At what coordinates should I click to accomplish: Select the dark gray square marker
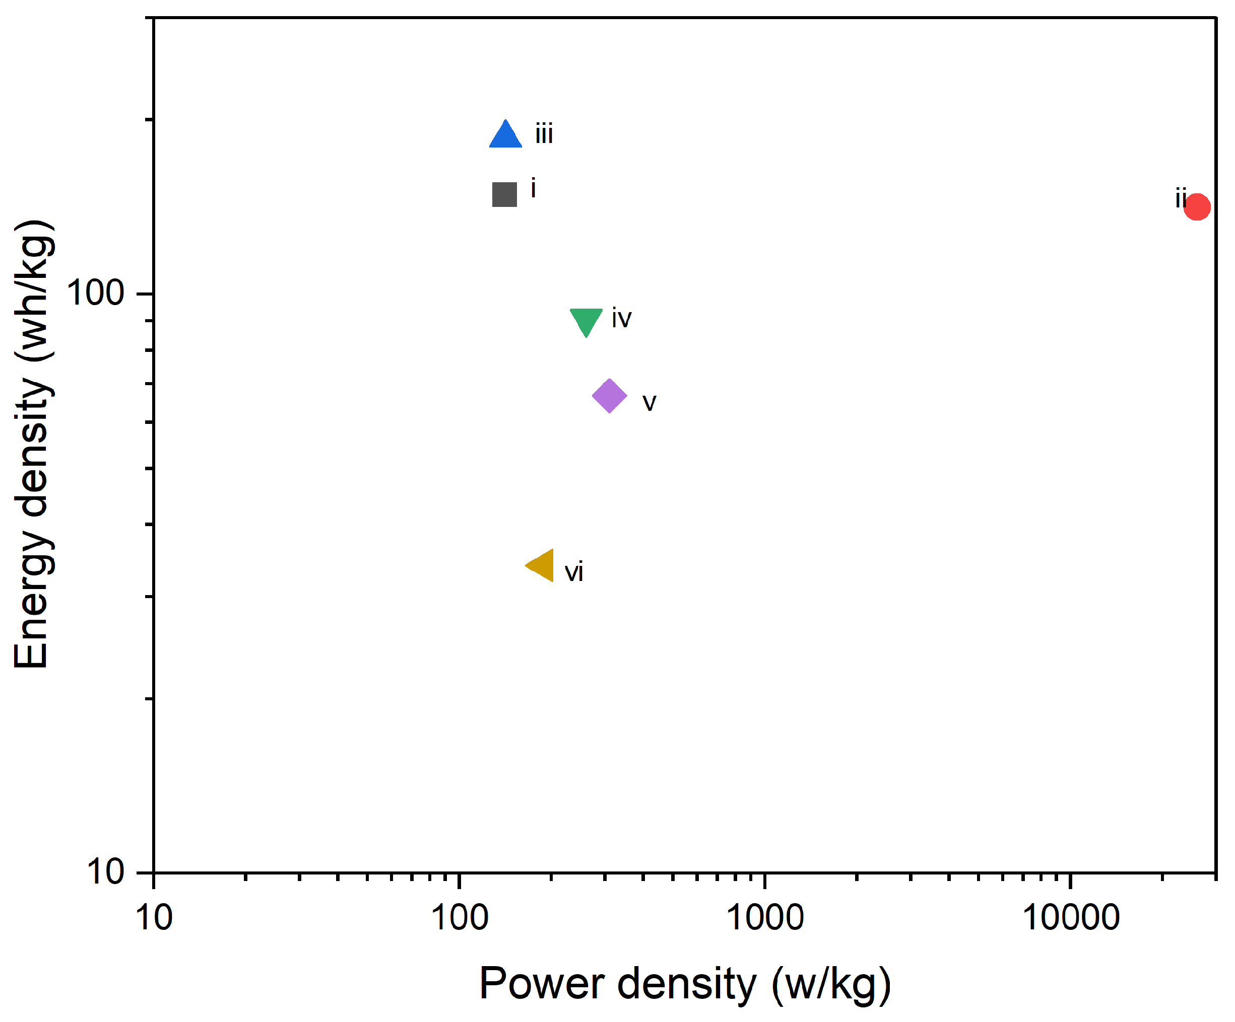tap(504, 194)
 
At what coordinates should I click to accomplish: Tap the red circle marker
tap(1197, 206)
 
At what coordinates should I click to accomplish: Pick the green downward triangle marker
tap(586, 319)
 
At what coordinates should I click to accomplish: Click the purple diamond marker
tap(609, 396)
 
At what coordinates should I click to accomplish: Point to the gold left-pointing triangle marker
tap(542, 565)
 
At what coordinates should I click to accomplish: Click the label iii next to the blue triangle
tap(544, 134)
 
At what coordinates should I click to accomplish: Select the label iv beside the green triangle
tap(621, 319)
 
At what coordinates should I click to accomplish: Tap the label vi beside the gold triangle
tap(573, 572)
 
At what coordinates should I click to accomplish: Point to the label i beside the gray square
tap(533, 189)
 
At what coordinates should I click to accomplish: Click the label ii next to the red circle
tap(1180, 199)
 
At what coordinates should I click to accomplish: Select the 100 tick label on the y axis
tap(95, 292)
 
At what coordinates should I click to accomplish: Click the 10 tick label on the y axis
tap(106, 871)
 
